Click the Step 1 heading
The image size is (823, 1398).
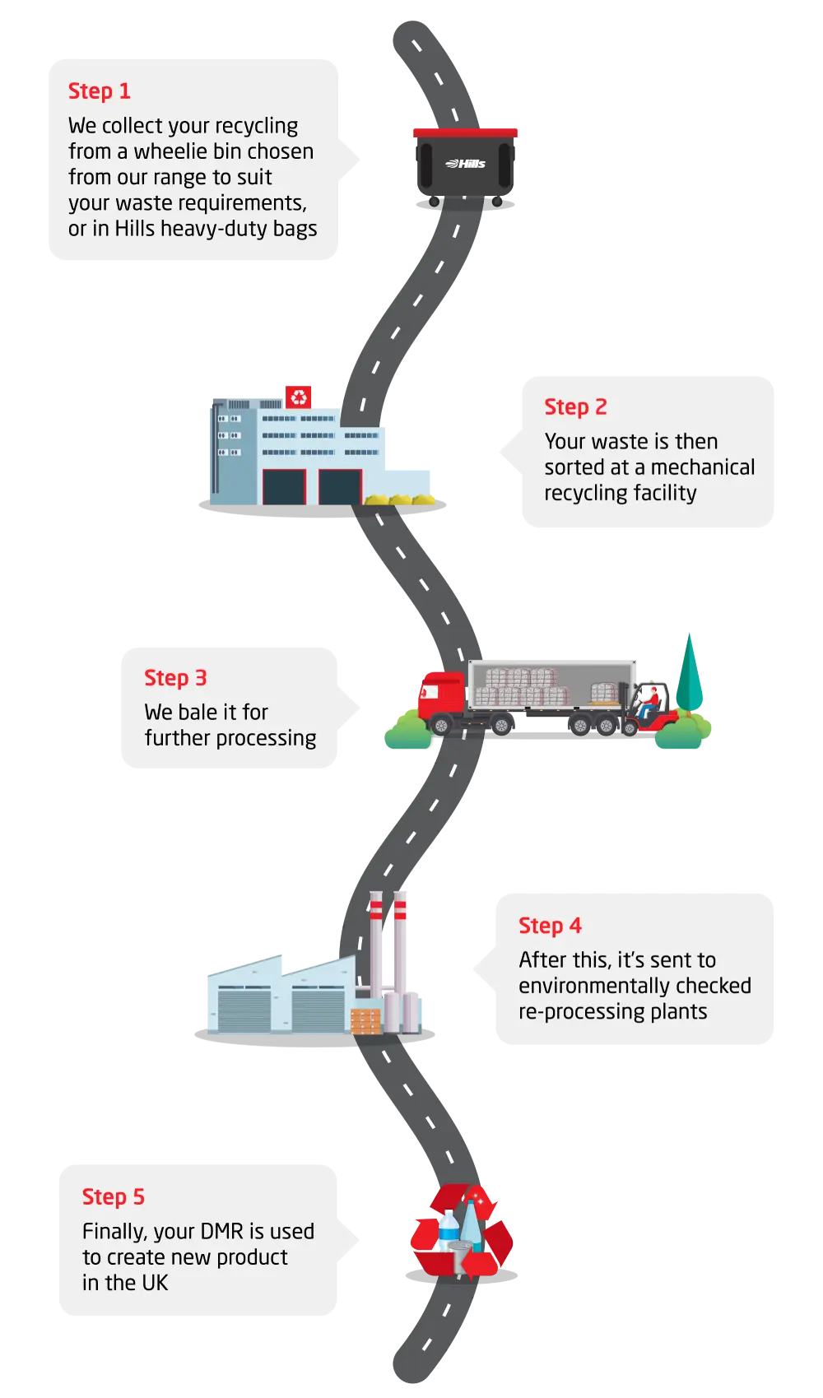99,91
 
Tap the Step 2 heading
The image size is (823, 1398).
575,407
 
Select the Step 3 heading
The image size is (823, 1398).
175,678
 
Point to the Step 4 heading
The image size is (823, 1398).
550,926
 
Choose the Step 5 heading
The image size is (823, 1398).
113,1197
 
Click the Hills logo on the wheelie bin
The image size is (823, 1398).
466,164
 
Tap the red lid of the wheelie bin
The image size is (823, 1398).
465,132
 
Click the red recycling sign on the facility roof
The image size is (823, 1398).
299,396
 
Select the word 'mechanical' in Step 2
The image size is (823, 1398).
702,467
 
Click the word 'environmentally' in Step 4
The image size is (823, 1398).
635,986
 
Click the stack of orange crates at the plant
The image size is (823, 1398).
366,1020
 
